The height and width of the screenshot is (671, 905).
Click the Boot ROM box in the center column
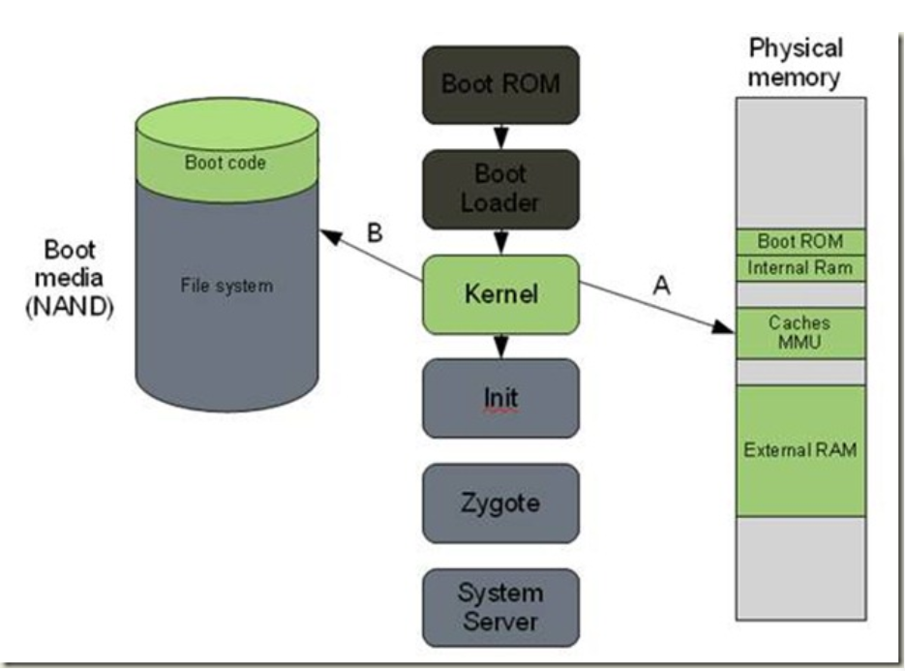tap(500, 84)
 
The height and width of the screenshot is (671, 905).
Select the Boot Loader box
tap(500, 189)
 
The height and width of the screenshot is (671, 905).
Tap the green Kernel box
tap(500, 293)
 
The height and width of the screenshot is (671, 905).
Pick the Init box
tap(500, 398)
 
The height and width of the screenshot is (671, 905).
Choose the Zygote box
tap(500, 503)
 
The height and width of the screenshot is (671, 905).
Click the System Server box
tap(500, 606)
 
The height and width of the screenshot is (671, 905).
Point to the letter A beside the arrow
tap(662, 284)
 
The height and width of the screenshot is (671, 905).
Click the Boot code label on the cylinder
tap(226, 162)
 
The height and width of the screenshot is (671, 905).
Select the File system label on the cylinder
tap(226, 287)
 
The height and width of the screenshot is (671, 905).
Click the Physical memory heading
tap(796, 63)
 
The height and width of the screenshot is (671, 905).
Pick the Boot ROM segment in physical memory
tap(799, 241)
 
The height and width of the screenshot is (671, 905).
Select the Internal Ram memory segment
tap(799, 267)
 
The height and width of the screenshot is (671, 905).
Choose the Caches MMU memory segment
tap(799, 332)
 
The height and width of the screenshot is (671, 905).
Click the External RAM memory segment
tap(799, 450)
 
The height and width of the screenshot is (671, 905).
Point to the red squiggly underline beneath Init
tap(499, 411)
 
